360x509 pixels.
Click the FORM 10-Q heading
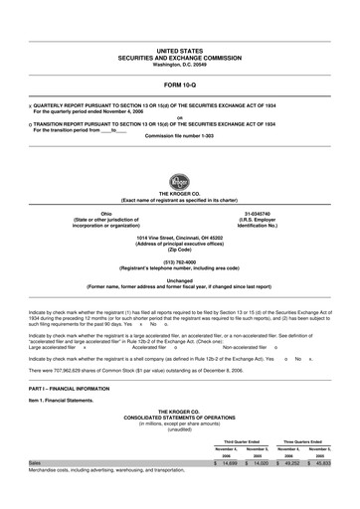coord(179,85)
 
